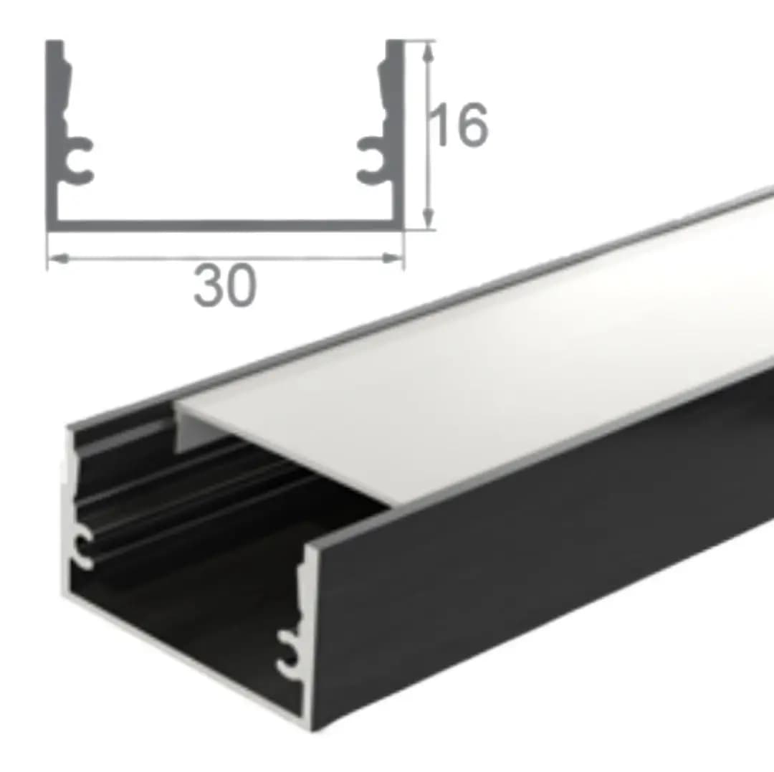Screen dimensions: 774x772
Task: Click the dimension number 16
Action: (x=459, y=125)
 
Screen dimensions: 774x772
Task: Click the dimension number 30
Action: (x=225, y=285)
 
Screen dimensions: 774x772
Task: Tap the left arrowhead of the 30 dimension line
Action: (x=59, y=258)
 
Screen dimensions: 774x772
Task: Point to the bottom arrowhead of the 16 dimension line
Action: (x=431, y=217)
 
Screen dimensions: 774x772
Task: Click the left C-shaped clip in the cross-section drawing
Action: (x=79, y=160)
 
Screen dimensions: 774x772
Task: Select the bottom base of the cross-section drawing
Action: (x=225, y=226)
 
